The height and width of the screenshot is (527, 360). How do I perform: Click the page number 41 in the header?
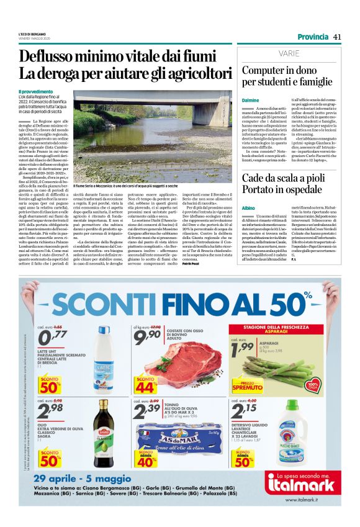pos(337,37)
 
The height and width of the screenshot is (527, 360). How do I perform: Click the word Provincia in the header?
pos(313,37)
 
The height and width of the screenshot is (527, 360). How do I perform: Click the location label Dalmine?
pos(250,100)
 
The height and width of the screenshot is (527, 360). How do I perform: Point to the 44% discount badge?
pos(146,385)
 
